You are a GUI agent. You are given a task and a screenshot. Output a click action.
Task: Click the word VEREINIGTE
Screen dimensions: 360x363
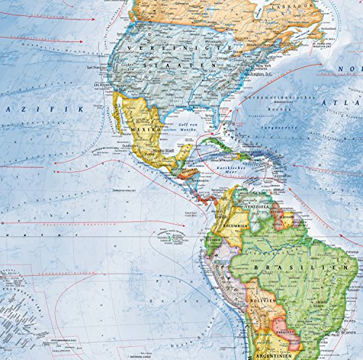pos(171,47)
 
